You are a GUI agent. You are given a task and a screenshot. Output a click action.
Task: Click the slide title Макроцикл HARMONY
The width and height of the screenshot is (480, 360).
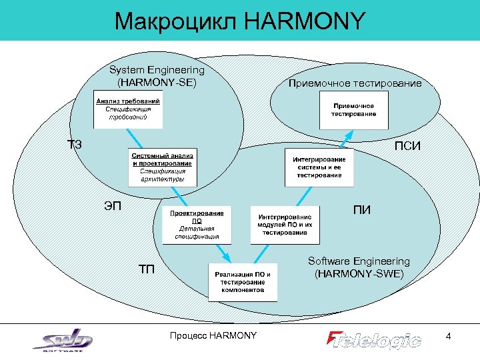(239, 21)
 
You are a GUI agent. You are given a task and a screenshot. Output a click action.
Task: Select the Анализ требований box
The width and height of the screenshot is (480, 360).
(127, 109)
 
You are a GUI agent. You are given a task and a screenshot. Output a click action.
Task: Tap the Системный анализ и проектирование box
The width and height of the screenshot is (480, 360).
(162, 167)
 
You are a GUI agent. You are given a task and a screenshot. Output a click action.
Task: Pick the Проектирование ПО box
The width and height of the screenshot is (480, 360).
(197, 224)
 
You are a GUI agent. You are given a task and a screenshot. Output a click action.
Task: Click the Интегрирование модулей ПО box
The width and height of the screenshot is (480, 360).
(285, 224)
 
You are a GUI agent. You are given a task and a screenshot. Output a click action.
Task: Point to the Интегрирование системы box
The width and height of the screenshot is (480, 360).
(319, 167)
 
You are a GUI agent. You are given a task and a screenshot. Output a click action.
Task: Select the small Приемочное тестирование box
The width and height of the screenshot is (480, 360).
(358, 109)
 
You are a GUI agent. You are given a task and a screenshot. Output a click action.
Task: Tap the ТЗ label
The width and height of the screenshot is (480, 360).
(75, 144)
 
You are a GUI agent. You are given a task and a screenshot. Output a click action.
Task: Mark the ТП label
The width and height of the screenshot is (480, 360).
(147, 269)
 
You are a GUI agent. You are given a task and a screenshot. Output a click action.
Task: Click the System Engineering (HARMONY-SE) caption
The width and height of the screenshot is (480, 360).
(157, 76)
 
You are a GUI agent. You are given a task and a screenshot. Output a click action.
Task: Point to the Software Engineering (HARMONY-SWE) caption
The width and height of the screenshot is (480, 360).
(358, 267)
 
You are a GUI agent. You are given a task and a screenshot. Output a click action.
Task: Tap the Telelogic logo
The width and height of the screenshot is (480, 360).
(374, 339)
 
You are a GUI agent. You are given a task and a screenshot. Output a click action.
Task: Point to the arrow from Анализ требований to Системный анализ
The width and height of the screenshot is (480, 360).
(138, 139)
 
